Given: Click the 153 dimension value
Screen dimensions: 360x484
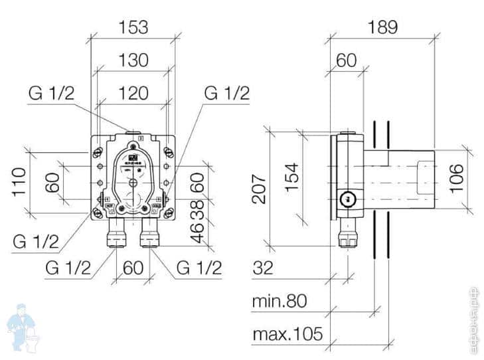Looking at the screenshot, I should [x=133, y=27].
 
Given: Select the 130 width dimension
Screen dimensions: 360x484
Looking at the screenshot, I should [x=133, y=60].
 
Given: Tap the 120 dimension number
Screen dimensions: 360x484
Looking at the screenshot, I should [x=133, y=92].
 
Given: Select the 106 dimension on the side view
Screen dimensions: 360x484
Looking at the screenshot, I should [x=456, y=177].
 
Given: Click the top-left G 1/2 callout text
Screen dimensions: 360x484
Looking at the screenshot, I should [x=52, y=94].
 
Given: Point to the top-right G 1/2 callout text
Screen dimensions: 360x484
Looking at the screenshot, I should [x=226, y=94].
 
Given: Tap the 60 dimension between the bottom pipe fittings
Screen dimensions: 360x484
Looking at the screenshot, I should [x=133, y=268].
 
